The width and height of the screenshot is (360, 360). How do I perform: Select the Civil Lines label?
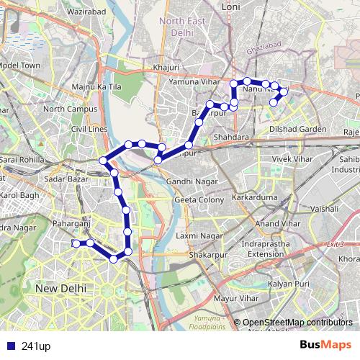(89, 130)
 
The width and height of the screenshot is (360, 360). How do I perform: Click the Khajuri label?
(166, 68)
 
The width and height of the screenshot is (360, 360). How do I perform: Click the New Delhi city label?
(60, 287)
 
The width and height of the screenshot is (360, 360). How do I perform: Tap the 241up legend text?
(36, 346)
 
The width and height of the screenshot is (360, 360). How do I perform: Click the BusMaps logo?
(325, 346)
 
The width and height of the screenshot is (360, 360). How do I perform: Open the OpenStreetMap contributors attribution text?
(297, 322)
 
